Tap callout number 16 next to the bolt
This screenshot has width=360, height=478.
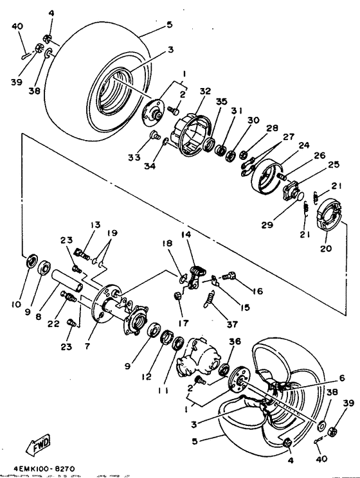pyautogui.click(x=257, y=291)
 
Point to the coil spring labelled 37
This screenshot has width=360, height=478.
pyautogui.click(x=209, y=300)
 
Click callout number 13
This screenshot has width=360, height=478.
pyautogui.click(x=96, y=225)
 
